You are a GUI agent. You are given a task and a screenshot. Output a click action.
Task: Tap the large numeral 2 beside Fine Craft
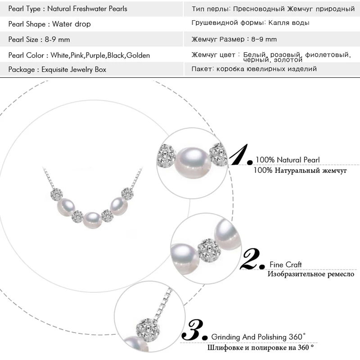click(x=253, y=259)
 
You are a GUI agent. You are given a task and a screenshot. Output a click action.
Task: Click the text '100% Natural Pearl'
click(x=288, y=160)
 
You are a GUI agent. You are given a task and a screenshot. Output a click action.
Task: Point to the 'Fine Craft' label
click(x=286, y=265)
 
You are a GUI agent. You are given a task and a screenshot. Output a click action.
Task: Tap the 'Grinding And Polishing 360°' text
click(x=258, y=337)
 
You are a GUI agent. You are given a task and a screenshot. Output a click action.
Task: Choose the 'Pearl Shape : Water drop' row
click(x=49, y=24)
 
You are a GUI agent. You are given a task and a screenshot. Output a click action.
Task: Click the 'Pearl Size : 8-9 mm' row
click(x=39, y=40)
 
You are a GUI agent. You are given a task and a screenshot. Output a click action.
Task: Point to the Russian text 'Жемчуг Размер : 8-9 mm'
click(x=234, y=40)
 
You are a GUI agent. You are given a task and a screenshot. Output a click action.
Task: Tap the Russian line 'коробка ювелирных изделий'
click(x=266, y=69)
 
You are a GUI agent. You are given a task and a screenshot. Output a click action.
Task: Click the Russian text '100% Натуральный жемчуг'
click(x=300, y=170)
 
